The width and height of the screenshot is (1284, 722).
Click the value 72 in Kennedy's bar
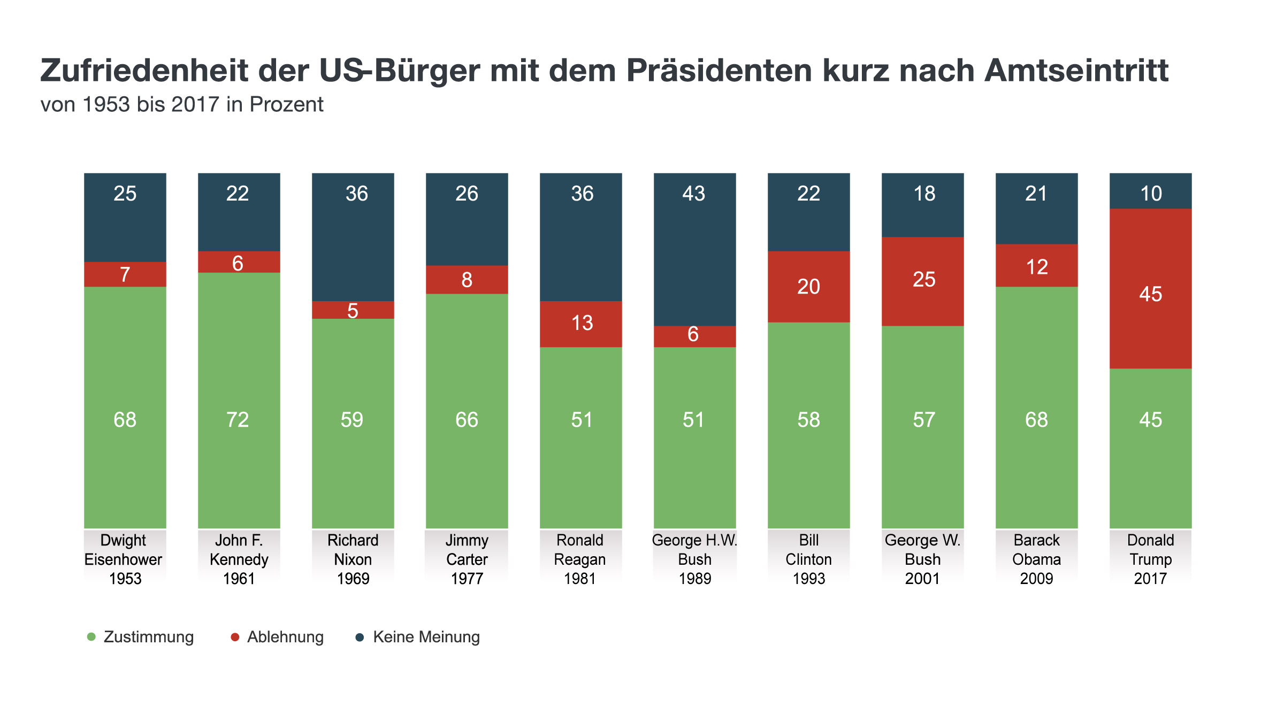click(x=238, y=420)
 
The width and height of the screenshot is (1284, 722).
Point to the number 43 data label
click(x=694, y=194)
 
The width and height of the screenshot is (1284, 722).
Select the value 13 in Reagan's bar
click(x=582, y=323)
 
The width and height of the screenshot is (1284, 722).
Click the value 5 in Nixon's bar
click(x=353, y=311)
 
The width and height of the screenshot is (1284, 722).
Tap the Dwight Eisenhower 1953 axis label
click(x=124, y=559)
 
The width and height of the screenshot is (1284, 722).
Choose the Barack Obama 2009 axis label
click(x=1036, y=559)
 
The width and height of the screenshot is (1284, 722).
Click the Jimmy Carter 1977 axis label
click(x=467, y=559)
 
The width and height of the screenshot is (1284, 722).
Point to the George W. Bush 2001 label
click(x=922, y=559)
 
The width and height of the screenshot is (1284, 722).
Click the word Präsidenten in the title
click(x=719, y=71)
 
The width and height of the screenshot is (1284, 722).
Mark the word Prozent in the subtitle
click(x=286, y=105)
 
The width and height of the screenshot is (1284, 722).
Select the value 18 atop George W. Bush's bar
click(x=924, y=194)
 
